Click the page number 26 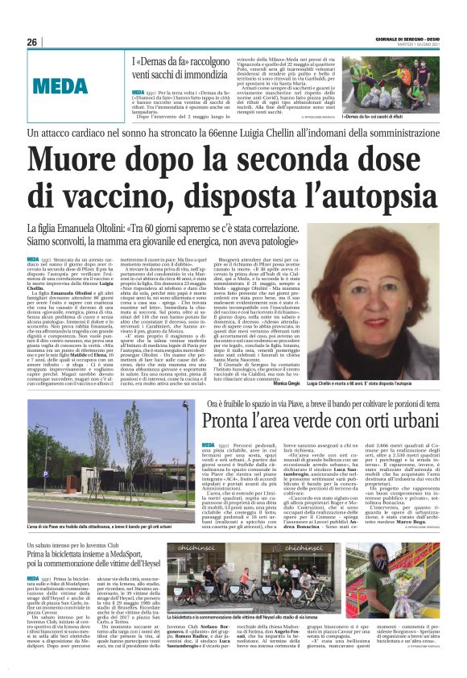[32, 42]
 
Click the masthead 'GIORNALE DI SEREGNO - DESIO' [411, 39]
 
